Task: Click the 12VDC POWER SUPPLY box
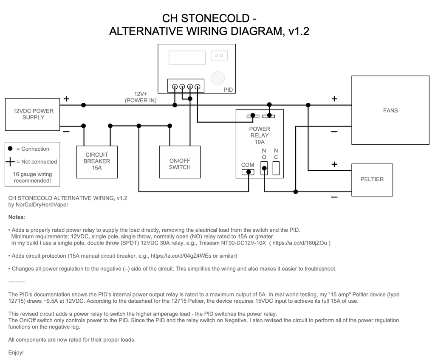pos(32,114)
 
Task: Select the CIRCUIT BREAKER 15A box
pos(97,162)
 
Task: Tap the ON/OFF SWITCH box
pos(180,162)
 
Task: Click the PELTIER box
pos(372,180)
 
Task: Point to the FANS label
pos(390,110)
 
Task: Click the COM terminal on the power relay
pos(248,172)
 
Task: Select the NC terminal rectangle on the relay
pos(276,168)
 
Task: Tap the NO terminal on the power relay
pos(264,168)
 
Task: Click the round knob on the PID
pos(217,78)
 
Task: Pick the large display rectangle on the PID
pos(187,57)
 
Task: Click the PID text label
pos(228,90)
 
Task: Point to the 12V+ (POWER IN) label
pos(141,97)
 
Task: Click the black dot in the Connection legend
pos(10,149)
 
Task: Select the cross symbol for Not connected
pos(10,161)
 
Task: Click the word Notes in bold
pos(16,217)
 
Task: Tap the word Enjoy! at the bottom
pos(16,352)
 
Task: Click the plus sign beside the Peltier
pos(334,164)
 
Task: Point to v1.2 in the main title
pos(299,31)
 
